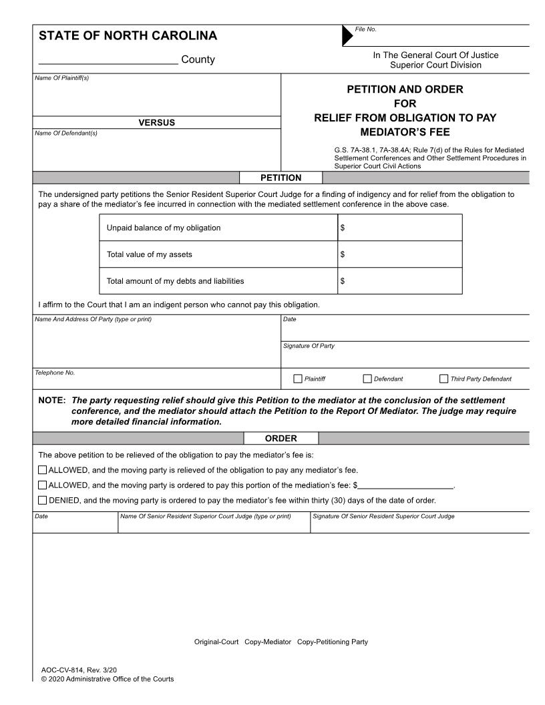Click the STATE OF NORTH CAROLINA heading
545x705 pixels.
pos(128,36)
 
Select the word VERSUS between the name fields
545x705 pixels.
pos(156,122)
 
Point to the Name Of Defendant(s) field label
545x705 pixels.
pos(65,133)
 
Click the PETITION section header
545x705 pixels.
pos(281,178)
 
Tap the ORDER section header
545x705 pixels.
pos(281,439)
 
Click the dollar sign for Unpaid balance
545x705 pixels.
pos(343,228)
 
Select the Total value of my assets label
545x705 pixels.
pos(150,254)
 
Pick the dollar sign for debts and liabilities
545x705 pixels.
pos(343,281)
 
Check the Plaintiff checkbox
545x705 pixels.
pos(298,379)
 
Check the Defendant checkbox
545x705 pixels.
pos(367,379)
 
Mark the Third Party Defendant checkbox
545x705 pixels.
pos(444,379)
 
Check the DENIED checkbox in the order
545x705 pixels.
pos(43,500)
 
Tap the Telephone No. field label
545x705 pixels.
pos(55,372)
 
